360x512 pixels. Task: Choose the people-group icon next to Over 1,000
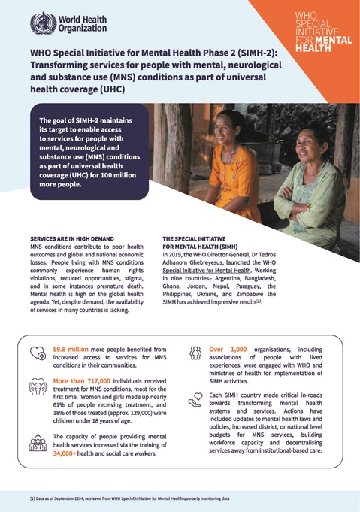(x=196, y=353)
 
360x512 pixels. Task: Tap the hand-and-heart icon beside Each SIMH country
(x=196, y=400)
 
